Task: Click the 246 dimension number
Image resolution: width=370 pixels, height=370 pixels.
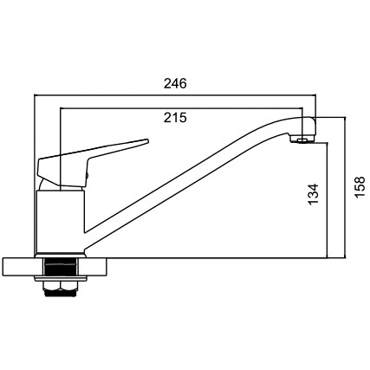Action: coord(175,83)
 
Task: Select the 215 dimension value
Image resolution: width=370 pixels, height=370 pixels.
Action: coord(175,118)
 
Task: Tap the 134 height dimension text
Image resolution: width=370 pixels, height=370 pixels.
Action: coord(313,194)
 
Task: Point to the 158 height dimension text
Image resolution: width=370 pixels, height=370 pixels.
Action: coord(360,187)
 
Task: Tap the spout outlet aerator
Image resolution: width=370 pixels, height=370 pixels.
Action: coord(302,140)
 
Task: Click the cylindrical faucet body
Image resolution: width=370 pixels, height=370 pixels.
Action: coord(60,221)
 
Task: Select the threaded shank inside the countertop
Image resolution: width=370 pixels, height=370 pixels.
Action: coord(60,268)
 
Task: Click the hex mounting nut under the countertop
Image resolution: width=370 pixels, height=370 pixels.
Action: coord(60,289)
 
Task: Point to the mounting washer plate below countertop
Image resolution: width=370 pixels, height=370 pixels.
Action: coord(60,279)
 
